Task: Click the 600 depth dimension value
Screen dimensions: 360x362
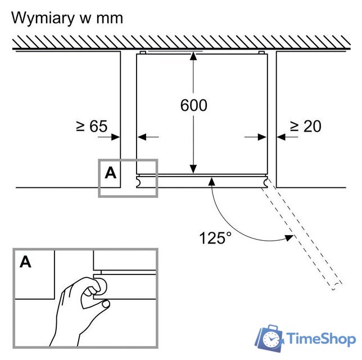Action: pyautogui.click(x=194, y=105)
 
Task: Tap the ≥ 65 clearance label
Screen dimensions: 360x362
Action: pyautogui.click(x=91, y=126)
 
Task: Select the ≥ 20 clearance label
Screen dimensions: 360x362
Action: pyautogui.click(x=305, y=126)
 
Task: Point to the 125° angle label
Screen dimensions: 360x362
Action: pyautogui.click(x=215, y=238)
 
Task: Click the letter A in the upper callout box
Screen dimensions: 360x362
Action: pyautogui.click(x=111, y=173)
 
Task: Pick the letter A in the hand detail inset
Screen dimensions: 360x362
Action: pyautogui.click(x=26, y=262)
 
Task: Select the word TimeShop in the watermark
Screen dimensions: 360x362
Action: pyautogui.click(x=321, y=339)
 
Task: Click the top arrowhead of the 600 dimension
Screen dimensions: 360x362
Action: pyautogui.click(x=194, y=56)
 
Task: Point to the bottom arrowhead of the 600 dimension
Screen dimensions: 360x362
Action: pyautogui.click(x=194, y=169)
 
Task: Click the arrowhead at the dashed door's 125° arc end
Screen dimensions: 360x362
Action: pyautogui.click(x=289, y=238)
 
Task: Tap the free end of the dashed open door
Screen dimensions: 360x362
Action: pyautogui.click(x=335, y=285)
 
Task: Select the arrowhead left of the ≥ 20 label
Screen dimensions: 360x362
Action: pyautogui.click(x=280, y=136)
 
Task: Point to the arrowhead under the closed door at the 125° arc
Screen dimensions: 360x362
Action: pyautogui.click(x=211, y=180)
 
